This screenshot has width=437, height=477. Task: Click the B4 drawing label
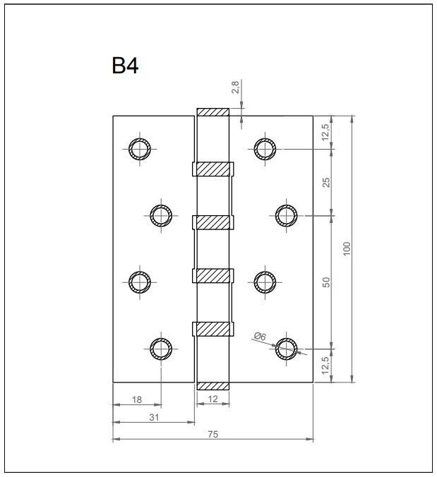125,66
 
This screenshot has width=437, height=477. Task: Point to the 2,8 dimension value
237,87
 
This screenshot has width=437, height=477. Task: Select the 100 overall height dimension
347,249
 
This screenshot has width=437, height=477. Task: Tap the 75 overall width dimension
213,434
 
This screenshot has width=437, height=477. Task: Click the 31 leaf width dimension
154,417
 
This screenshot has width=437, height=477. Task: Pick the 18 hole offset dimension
137,399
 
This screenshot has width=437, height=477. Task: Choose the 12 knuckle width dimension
213,399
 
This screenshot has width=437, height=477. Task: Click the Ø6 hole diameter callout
260,337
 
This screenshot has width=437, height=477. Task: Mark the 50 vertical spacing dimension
326,282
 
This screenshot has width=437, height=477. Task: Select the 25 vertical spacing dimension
326,183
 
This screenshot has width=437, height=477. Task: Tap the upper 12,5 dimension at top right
325,133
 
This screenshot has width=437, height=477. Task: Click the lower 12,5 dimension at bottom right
325,365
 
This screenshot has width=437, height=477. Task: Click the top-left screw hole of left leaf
140,149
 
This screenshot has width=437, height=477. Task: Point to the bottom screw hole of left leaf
161,349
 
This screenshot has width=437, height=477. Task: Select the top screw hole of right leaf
265,149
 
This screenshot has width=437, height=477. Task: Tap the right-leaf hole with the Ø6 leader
287,349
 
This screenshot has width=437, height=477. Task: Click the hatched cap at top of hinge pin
213,112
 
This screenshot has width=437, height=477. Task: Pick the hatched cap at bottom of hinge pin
213,386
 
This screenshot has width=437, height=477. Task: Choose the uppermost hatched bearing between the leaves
213,169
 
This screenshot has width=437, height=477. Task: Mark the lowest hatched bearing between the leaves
213,329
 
